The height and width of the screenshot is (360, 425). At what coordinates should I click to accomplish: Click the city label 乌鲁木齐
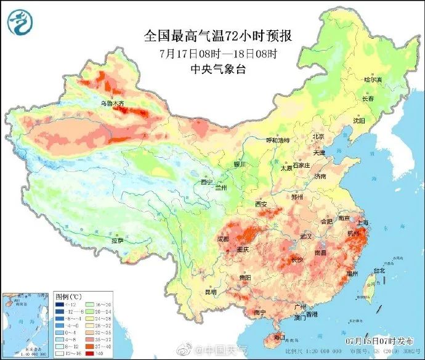[111, 104]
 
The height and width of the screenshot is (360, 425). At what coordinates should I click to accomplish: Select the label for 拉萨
[117, 240]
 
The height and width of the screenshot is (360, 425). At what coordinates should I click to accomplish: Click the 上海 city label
[363, 222]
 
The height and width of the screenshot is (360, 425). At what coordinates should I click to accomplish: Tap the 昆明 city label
[211, 291]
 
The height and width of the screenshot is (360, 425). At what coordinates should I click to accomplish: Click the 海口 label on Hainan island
[279, 337]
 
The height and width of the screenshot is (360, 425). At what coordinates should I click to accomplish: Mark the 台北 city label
[379, 270]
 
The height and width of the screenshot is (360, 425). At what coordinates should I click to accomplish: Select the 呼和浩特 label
[277, 140]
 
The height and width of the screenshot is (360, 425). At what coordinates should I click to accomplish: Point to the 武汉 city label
[306, 236]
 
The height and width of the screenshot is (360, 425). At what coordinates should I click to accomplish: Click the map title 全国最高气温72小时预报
[217, 36]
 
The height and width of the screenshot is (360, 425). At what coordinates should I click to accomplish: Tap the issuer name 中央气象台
[218, 69]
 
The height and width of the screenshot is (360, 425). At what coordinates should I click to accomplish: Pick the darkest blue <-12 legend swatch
[59, 305]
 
